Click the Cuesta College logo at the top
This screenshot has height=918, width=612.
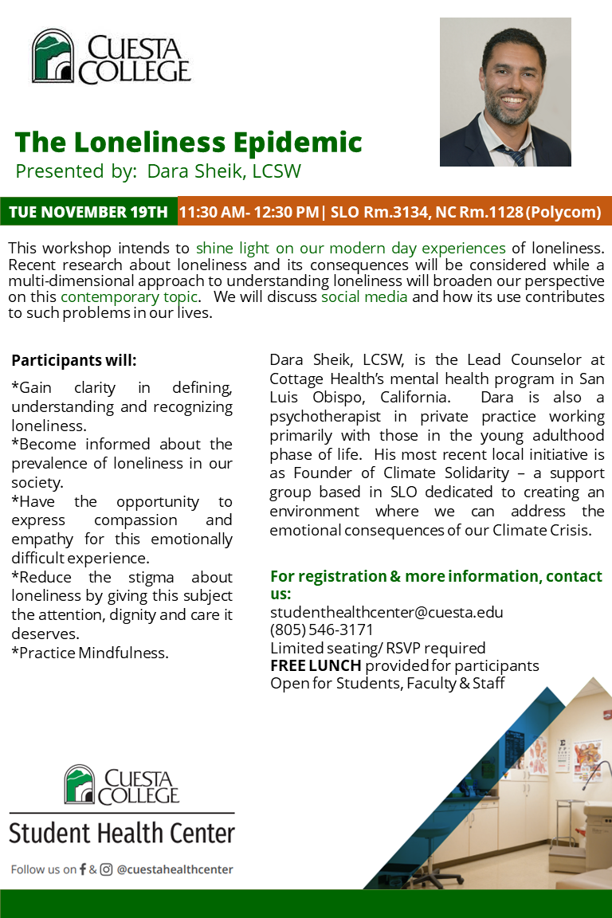pyautogui.click(x=111, y=57)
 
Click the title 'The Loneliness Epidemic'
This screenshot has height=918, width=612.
pyautogui.click(x=188, y=143)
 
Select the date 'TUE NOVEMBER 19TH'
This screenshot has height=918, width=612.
pyautogui.click(x=88, y=212)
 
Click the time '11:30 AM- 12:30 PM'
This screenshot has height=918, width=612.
pyautogui.click(x=249, y=212)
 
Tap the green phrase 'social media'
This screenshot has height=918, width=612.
pyautogui.click(x=364, y=297)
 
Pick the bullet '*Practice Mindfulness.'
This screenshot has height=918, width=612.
pyautogui.click(x=90, y=653)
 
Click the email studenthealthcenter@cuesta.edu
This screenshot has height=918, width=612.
pyautogui.click(x=386, y=612)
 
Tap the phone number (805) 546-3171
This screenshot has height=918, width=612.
pyautogui.click(x=322, y=630)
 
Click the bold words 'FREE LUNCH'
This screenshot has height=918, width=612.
pyautogui.click(x=316, y=665)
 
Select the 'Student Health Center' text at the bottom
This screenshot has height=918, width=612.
pyautogui.click(x=122, y=834)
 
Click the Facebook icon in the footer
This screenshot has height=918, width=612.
pyautogui.click(x=83, y=869)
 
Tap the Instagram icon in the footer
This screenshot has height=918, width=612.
pyautogui.click(x=106, y=869)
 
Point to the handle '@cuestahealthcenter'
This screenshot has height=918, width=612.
pyautogui.click(x=175, y=869)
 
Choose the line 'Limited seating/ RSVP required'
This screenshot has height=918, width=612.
pyautogui.click(x=378, y=647)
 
